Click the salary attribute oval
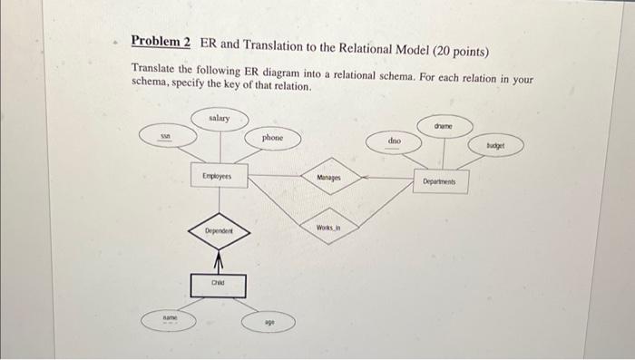tap(219, 118)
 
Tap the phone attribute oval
tap(272, 138)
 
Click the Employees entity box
tap(217, 176)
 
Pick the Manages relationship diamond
tap(329, 180)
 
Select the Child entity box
tap(218, 286)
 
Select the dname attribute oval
tap(445, 125)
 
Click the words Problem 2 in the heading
tap(161, 42)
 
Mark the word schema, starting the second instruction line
tap(151, 85)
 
